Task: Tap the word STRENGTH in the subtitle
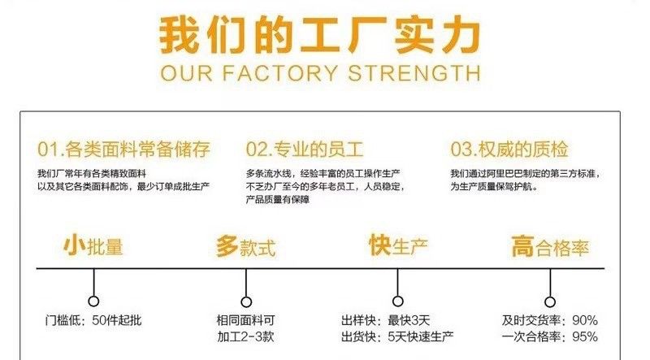[x=414, y=74]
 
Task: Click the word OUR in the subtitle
[x=189, y=74]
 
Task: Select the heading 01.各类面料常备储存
[x=123, y=150]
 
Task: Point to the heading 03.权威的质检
[x=509, y=150]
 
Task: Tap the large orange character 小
[x=74, y=245]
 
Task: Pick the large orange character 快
[x=379, y=245]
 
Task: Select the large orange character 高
[x=523, y=245]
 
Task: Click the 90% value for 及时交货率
[x=584, y=319]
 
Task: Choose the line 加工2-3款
[x=245, y=336]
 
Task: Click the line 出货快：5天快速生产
[x=397, y=336]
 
